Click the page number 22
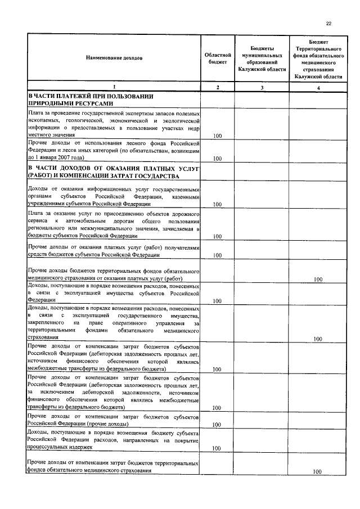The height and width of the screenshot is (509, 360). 328,23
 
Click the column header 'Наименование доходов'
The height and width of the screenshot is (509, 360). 114,58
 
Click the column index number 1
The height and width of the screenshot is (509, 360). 114,87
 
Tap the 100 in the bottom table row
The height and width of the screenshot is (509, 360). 318,471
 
